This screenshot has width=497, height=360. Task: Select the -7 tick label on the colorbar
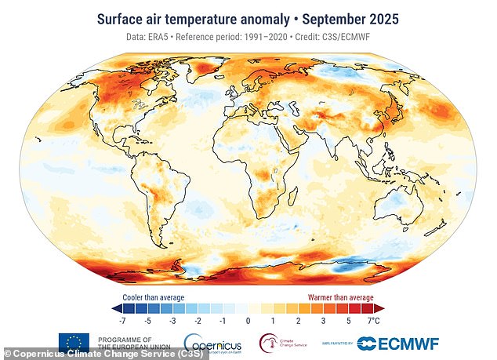122,320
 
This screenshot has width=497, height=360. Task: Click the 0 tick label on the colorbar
248,320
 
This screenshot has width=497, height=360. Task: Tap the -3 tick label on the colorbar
172,320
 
